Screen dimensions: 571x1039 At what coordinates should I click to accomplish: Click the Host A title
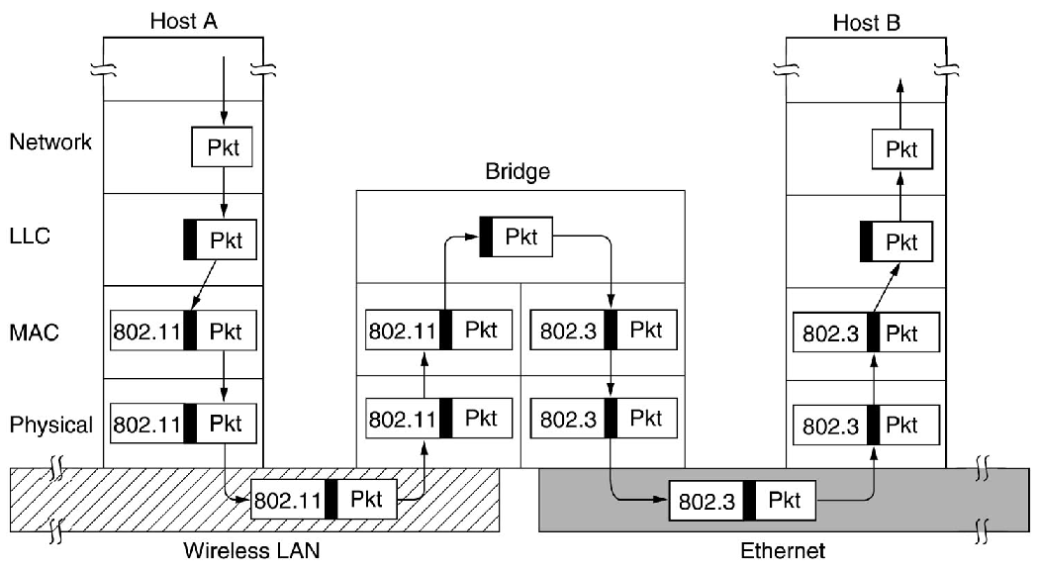click(x=183, y=20)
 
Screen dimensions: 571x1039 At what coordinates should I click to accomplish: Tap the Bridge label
click(x=518, y=172)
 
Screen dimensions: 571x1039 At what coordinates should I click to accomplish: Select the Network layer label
click(x=50, y=142)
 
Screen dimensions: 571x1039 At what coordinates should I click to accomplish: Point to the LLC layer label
click(x=32, y=238)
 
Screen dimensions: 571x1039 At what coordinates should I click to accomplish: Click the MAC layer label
click(x=34, y=333)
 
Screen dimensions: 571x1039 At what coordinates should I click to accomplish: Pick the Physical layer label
click(x=51, y=426)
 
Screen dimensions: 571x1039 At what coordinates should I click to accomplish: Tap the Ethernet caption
click(x=782, y=550)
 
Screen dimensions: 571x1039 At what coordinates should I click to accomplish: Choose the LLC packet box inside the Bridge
click(x=515, y=238)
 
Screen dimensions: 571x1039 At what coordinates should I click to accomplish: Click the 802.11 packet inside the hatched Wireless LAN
click(x=324, y=499)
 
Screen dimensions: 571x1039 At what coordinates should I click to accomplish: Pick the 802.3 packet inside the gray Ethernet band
click(x=742, y=500)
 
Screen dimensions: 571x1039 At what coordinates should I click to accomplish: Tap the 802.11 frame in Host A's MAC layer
click(x=184, y=331)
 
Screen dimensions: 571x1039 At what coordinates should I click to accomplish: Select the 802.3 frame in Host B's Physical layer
click(x=864, y=426)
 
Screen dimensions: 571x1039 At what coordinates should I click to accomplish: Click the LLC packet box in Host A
click(x=220, y=239)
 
